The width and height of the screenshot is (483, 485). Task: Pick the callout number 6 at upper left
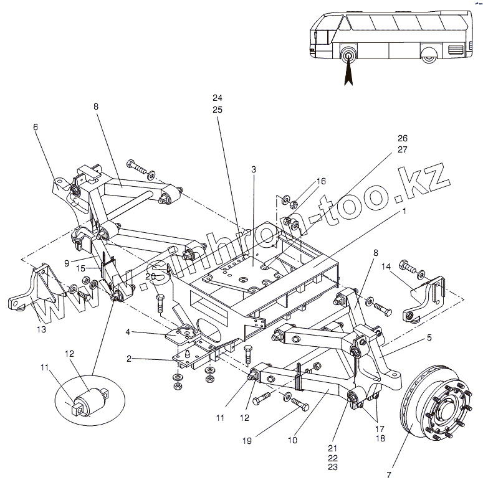pos(36,127)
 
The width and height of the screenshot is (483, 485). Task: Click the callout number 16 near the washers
pos(321,181)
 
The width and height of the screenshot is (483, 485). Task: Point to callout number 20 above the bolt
pos(150,276)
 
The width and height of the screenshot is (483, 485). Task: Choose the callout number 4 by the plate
pos(127,332)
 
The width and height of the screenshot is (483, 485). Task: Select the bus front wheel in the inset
pos(347,54)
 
